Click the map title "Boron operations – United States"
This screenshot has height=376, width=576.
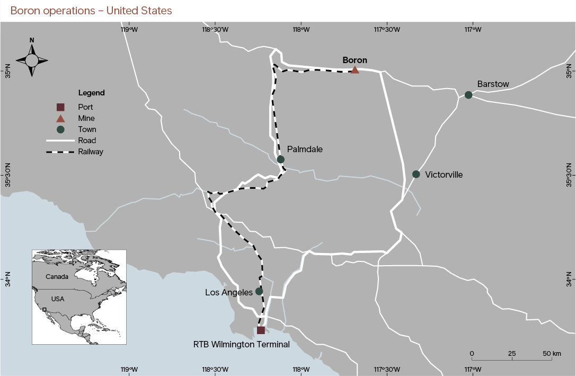tap(91, 11)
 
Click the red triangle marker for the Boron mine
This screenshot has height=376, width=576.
tap(355, 70)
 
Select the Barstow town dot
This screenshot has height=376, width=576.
tap(468, 95)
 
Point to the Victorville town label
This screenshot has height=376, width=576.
tap(444, 174)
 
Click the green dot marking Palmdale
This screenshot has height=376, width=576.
tap(281, 159)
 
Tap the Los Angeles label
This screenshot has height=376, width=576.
tap(229, 292)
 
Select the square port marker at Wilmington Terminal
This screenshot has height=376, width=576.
tap(261, 330)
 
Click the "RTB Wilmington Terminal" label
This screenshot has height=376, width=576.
tap(242, 344)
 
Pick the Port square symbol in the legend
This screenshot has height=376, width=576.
tap(60, 107)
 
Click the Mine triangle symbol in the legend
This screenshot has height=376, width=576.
tap(60, 118)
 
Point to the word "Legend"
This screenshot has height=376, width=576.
tap(91, 93)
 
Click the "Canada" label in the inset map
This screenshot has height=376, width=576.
tap(57, 277)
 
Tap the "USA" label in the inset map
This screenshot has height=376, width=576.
tap(58, 299)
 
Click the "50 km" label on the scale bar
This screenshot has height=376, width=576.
tap(552, 353)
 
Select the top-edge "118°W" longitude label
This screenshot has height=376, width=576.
tap(301, 29)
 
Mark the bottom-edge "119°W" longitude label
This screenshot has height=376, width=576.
tap(129, 370)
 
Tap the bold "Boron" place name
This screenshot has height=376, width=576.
tap(355, 60)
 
